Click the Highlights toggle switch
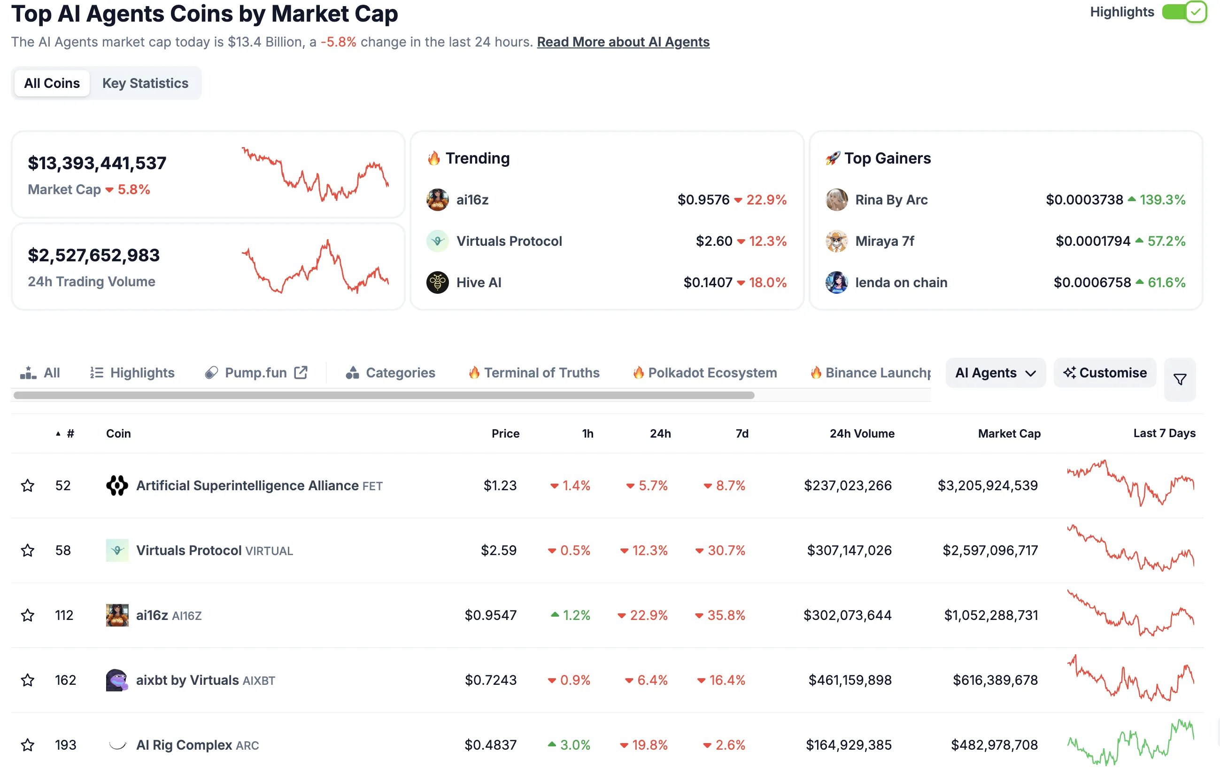click(x=1184, y=12)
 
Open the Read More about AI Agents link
click(x=623, y=42)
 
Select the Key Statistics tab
click(x=145, y=83)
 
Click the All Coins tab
click(x=52, y=83)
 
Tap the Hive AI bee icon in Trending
click(x=437, y=282)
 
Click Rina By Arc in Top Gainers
click(x=891, y=200)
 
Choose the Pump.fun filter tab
click(x=256, y=373)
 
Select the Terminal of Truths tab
click(x=541, y=373)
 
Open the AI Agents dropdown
click(x=995, y=373)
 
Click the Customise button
click(x=1104, y=373)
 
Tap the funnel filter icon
click(x=1180, y=379)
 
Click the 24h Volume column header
click(x=861, y=433)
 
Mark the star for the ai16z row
click(x=28, y=615)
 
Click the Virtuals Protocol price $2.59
click(x=499, y=550)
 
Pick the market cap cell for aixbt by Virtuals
click(x=995, y=680)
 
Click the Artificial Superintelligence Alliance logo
click(x=117, y=486)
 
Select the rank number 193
click(x=65, y=745)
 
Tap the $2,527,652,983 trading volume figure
click(x=94, y=255)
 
